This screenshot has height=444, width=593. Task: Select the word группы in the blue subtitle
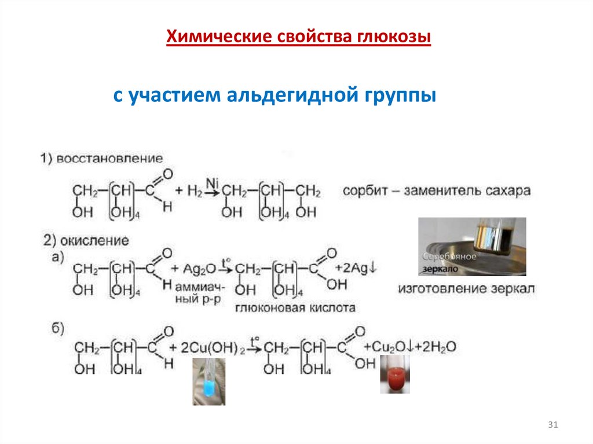pyautogui.click(x=400, y=96)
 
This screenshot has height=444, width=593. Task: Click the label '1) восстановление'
pyautogui.click(x=101, y=159)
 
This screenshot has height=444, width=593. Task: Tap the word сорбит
pyautogui.click(x=364, y=190)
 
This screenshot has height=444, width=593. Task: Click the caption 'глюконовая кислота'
pyautogui.click(x=295, y=308)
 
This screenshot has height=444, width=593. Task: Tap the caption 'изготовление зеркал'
pyautogui.click(x=467, y=289)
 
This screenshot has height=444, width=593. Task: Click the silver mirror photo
pyautogui.click(x=472, y=246)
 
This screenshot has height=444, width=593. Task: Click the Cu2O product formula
pyautogui.click(x=387, y=346)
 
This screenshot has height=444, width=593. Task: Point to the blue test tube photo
pyautogui.click(x=208, y=380)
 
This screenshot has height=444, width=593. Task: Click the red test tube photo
pyautogui.click(x=395, y=375)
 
